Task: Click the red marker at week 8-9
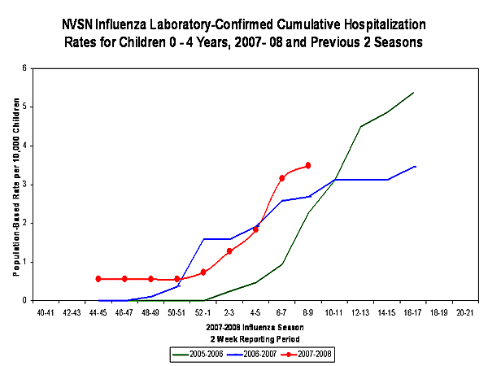[x=307, y=166]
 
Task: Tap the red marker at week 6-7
[x=281, y=177]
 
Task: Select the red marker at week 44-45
[x=98, y=279]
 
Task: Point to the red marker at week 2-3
[x=229, y=251]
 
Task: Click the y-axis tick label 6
[x=24, y=68]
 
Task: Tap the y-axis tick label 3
[x=24, y=185]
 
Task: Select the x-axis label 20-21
[x=465, y=312]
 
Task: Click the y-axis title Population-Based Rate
[x=14, y=184]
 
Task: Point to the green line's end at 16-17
[x=413, y=93]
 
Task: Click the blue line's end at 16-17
[x=416, y=166]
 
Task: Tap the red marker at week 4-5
[x=255, y=229]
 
